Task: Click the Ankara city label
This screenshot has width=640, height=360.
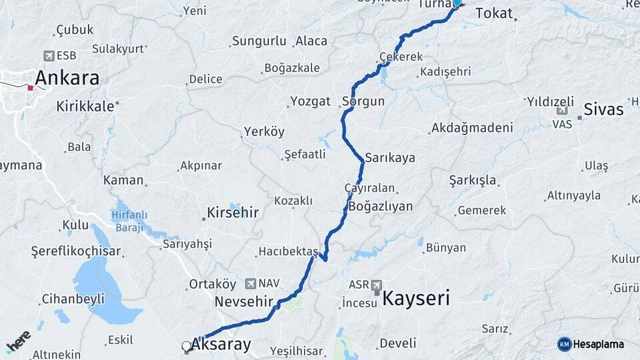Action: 67,78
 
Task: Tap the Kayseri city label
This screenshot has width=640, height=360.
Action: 415,297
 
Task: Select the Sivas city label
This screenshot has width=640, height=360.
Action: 603,109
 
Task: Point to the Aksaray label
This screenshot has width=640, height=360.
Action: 221,345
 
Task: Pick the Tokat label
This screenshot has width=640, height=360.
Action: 495,13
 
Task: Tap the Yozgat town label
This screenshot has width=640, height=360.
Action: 310,101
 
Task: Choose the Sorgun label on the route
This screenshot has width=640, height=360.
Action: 363,101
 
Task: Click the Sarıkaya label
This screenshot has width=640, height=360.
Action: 390,158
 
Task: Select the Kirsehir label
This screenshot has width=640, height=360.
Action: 233,213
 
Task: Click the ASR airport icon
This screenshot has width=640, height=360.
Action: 377,285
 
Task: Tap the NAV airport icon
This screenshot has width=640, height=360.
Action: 251,283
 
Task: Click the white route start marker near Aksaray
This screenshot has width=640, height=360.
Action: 186,346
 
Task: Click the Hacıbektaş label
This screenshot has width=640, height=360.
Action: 289,251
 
